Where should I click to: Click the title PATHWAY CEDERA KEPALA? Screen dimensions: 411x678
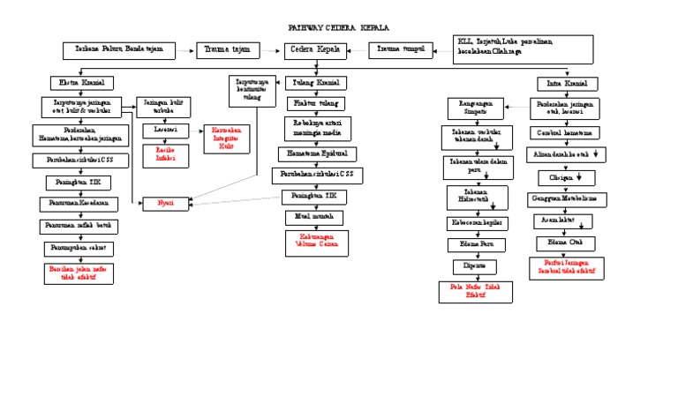pyautogui.click(x=339, y=28)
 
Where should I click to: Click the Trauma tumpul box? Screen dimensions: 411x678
pyautogui.click(x=400, y=50)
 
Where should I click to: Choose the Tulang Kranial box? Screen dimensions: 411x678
pyautogui.click(x=316, y=83)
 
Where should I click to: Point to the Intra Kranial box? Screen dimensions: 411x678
pyautogui.click(x=568, y=84)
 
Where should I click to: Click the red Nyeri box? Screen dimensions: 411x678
pyautogui.click(x=166, y=203)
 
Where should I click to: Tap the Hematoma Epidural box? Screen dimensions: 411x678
pyautogui.click(x=316, y=153)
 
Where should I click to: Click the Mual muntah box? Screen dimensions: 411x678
pyautogui.click(x=313, y=217)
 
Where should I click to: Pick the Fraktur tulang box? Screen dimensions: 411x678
pyautogui.click(x=316, y=103)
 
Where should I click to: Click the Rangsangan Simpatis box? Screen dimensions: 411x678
pyautogui.click(x=475, y=107)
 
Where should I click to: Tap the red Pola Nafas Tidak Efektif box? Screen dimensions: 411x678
pyautogui.click(x=476, y=292)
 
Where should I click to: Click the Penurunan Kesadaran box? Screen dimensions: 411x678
pyautogui.click(x=79, y=204)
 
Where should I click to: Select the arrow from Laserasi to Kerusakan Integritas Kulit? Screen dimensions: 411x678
pyautogui.click(x=196, y=131)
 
